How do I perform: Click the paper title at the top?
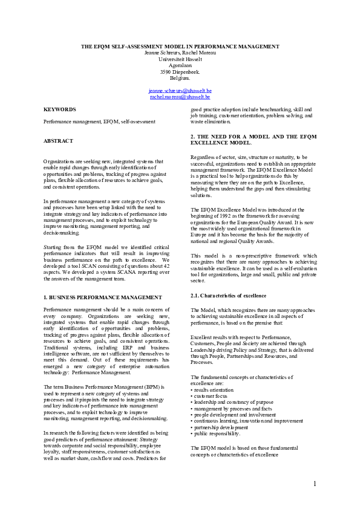tap(180, 47)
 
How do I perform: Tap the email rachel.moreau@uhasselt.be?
tap(180, 96)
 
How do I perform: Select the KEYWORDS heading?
tap(59, 109)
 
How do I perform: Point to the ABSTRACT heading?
tap(58, 141)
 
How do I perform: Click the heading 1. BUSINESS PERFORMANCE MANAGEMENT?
tap(103, 297)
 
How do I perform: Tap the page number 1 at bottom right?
tap(315, 484)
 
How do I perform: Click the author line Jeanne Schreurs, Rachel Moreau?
tap(180, 53)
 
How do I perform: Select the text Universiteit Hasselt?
tap(180, 59)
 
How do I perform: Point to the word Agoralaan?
tap(180, 65)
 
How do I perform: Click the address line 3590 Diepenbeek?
tap(180, 71)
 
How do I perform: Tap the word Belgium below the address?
tap(180, 78)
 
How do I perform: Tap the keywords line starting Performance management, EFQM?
tap(99, 122)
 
